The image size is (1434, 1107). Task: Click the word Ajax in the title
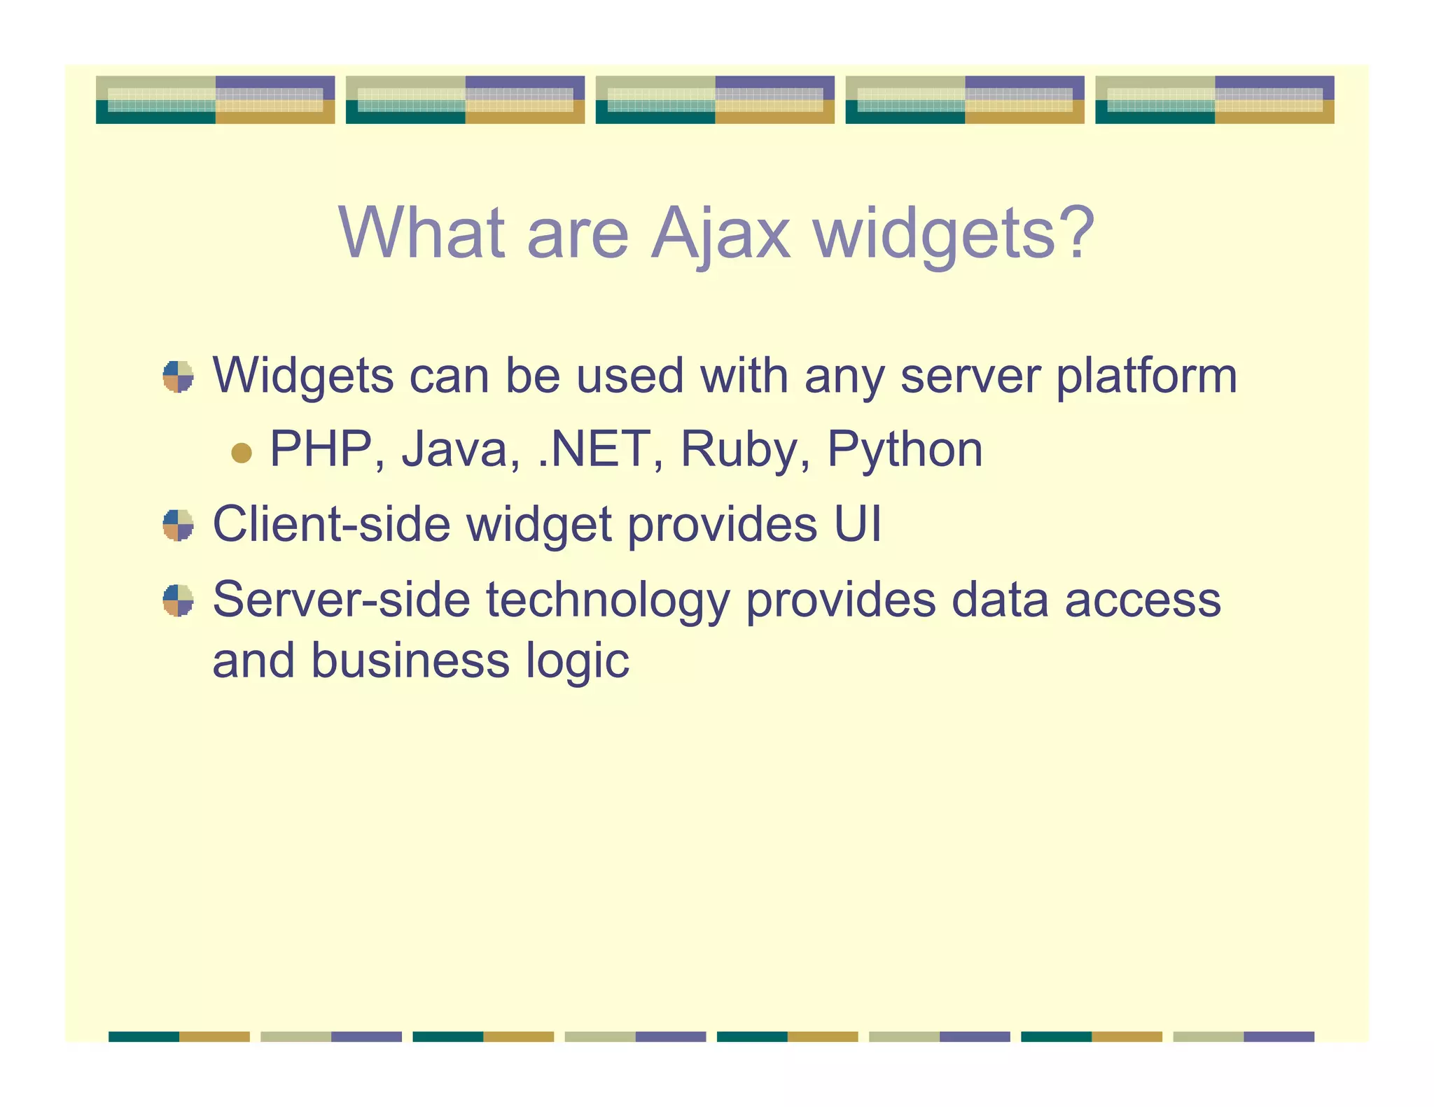tap(721, 234)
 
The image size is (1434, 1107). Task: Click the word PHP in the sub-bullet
tap(321, 449)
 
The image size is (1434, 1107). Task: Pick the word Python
tap(905, 451)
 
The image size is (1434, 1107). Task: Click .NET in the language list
tap(595, 449)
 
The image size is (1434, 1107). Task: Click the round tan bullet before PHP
tap(241, 453)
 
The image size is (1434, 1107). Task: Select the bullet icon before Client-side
tap(178, 525)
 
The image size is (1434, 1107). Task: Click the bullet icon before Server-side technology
tap(178, 600)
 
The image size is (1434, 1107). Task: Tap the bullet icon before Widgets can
tap(178, 376)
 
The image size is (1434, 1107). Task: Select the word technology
tap(607, 601)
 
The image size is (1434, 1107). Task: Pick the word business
tap(410, 661)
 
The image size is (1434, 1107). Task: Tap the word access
tap(1143, 600)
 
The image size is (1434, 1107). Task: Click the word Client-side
tap(331, 524)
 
